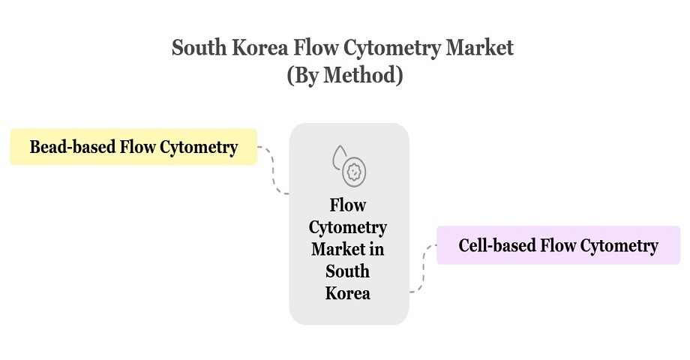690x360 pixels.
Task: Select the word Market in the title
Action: click(479, 48)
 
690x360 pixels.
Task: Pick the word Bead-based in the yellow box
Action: click(73, 146)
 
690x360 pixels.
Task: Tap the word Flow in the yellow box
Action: click(136, 146)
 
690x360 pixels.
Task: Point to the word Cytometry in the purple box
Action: click(619, 245)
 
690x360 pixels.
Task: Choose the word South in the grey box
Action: click(348, 270)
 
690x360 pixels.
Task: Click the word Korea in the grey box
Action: click(348, 292)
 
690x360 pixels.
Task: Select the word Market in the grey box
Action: click(337, 248)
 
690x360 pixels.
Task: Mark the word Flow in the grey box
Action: click(348, 205)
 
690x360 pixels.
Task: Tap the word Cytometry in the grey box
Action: click(348, 226)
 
